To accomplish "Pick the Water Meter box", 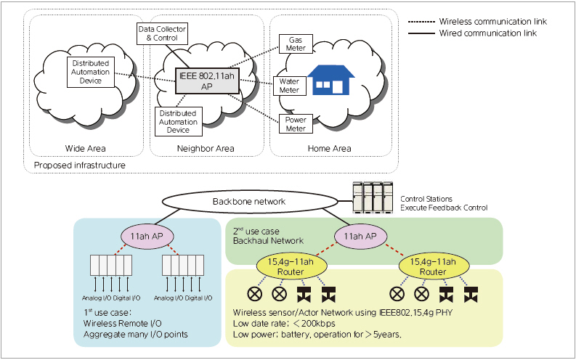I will [x=289, y=86].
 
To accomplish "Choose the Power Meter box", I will [x=296, y=124].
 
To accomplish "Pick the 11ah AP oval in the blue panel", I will [x=147, y=237].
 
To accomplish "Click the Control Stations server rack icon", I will [x=372, y=196].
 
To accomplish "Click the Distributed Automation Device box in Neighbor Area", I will [x=179, y=122].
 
